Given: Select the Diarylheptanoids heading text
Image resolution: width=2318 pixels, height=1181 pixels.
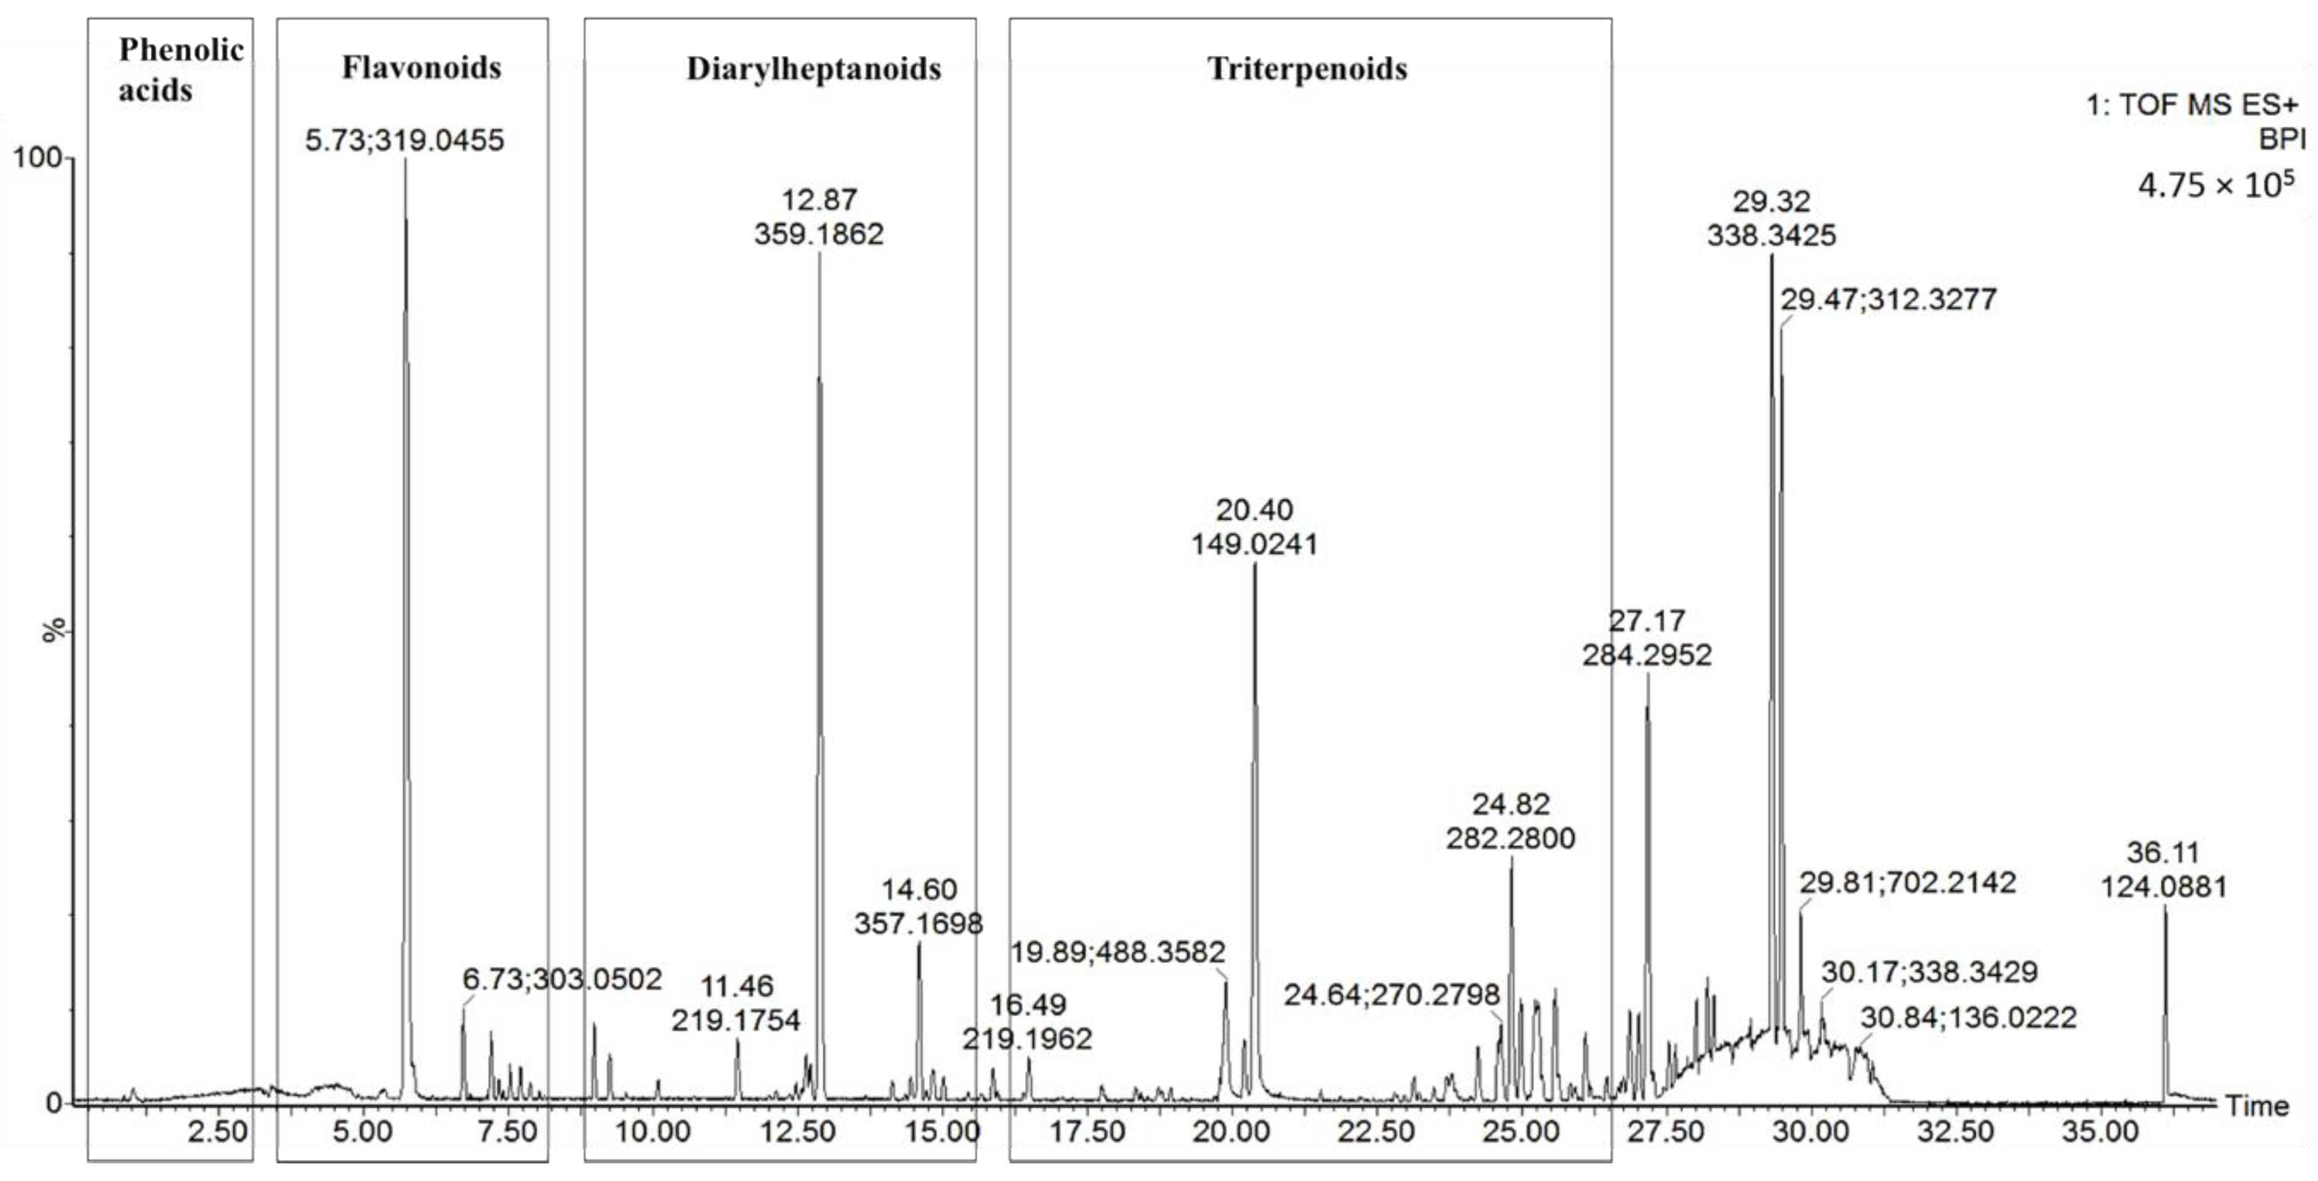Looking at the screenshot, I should click(x=814, y=69).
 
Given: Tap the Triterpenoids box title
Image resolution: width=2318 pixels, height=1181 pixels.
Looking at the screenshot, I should click(x=1307, y=69).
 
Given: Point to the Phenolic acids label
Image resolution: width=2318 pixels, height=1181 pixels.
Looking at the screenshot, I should click(x=180, y=69).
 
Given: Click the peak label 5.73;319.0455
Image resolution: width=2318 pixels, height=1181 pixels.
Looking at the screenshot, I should click(x=404, y=140).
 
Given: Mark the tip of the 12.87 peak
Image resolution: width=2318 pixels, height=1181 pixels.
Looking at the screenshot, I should click(x=819, y=255).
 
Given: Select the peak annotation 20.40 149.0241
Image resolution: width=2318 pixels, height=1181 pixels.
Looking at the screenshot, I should click(x=1255, y=526).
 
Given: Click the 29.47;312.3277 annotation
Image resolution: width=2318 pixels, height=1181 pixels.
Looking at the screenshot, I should click(x=1888, y=299).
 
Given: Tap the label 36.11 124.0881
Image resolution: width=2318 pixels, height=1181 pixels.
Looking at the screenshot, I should click(x=2163, y=870).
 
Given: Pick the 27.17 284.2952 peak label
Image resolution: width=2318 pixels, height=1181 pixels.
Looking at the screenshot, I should click(x=1647, y=637).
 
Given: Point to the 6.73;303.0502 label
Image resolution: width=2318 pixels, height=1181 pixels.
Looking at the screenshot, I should click(x=562, y=979).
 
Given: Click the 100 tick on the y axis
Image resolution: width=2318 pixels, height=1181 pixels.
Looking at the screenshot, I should click(x=36, y=158).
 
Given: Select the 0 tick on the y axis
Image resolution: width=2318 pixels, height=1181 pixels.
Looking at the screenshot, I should click(x=54, y=1102).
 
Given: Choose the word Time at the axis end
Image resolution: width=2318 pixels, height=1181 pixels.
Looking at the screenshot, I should click(x=2257, y=1106).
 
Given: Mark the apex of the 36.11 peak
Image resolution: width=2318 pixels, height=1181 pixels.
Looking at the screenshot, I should click(x=2165, y=909).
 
